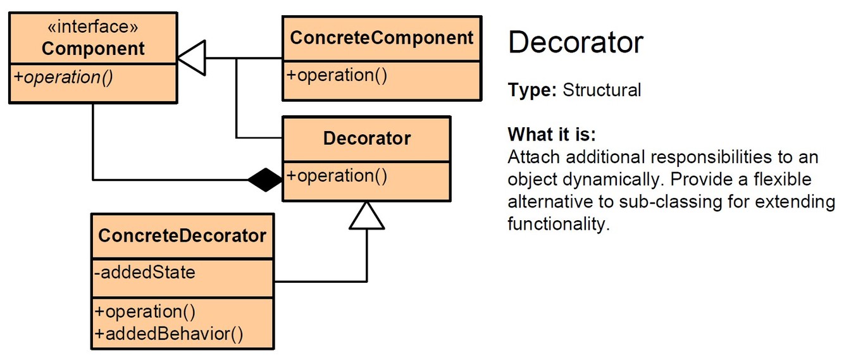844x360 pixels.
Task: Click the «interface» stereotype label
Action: [x=93, y=27]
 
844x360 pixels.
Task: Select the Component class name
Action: [x=93, y=48]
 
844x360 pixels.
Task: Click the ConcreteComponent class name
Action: [x=382, y=37]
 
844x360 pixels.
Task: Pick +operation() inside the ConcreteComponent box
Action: [x=337, y=75]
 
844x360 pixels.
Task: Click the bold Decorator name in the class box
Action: [x=367, y=138]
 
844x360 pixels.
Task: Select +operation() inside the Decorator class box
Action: [x=337, y=175]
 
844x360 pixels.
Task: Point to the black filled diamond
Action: [x=265, y=180]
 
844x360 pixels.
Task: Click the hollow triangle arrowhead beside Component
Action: [x=191, y=58]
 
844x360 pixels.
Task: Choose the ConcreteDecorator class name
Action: [x=182, y=235]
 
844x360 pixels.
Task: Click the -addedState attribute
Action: [x=145, y=273]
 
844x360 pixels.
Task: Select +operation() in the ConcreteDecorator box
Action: [x=145, y=312]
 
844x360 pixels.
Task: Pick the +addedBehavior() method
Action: [x=169, y=333]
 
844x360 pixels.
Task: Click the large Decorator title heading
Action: [x=576, y=42]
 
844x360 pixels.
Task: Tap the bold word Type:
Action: [x=532, y=90]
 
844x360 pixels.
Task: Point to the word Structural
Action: [x=602, y=90]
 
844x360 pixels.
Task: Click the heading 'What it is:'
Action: [x=552, y=134]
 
